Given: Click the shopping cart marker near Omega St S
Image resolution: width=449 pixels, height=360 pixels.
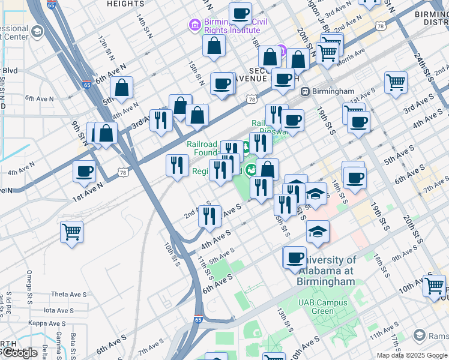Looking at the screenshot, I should (72, 231).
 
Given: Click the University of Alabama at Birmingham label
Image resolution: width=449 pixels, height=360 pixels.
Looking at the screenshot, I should (328, 271).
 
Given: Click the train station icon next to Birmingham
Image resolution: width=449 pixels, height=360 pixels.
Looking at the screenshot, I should (305, 92).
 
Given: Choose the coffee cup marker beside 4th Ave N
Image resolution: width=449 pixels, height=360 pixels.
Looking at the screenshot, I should (84, 171).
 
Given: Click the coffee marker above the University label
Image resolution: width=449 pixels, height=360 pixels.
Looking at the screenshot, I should (294, 257).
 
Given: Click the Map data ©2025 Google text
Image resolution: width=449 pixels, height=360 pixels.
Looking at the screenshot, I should (411, 355).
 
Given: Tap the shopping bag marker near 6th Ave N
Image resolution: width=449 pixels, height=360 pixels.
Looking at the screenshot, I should (122, 88).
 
